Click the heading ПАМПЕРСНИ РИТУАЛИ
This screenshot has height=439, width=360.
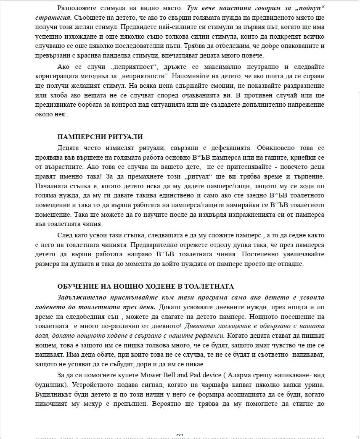pyautogui.click(x=100, y=137)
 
